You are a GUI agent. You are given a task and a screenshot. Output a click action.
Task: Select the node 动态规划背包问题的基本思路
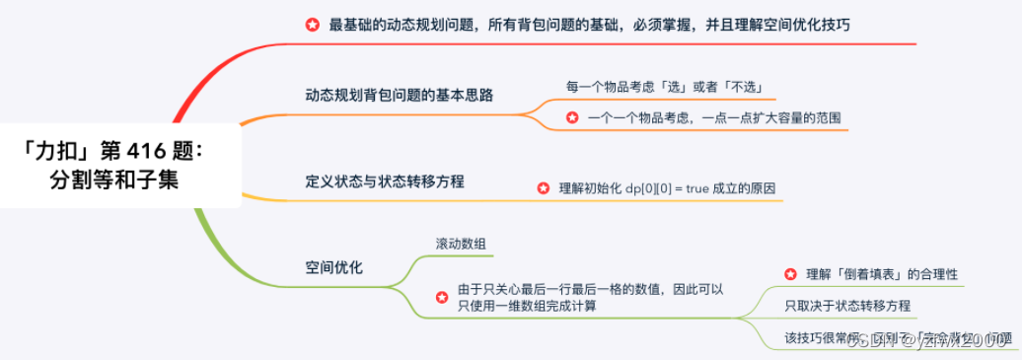(399, 96)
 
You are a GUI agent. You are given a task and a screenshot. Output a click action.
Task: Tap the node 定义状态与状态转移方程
(385, 181)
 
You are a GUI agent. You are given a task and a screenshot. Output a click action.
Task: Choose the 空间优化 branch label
(334, 267)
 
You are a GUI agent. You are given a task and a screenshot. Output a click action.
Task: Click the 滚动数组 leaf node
(461, 243)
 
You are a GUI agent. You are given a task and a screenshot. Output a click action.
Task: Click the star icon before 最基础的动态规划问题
(313, 25)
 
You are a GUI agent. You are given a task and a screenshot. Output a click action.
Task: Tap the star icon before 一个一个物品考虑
(572, 117)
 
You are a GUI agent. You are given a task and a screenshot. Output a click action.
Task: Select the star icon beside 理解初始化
(543, 188)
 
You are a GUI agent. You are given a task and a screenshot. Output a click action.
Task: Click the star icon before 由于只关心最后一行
(442, 297)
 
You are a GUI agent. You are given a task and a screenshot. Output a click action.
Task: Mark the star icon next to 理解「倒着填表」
(790, 274)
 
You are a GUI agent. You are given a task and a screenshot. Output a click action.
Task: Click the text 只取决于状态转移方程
(847, 306)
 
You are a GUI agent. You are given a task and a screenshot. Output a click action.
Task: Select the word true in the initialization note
(710, 188)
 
